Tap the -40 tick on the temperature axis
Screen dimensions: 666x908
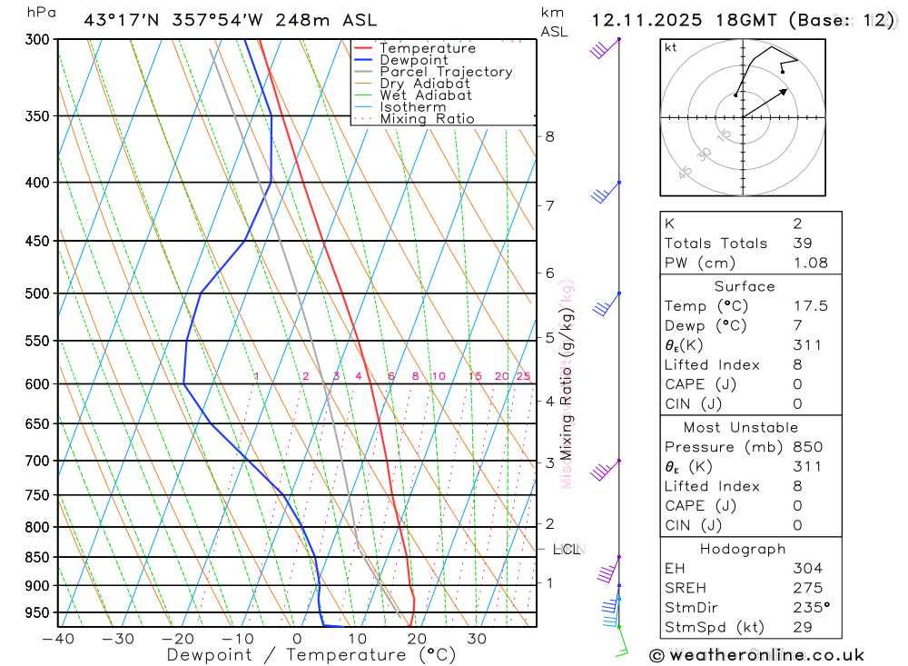pos(57,639)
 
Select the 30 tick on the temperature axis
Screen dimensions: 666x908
pos(477,639)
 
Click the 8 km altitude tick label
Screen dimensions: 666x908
pos(549,137)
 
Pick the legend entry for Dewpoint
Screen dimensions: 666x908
pos(413,60)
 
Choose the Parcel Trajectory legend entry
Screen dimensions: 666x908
pos(446,72)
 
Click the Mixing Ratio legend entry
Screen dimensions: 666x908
pos(427,119)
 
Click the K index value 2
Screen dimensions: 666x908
pos(796,224)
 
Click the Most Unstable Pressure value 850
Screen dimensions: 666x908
pos(807,447)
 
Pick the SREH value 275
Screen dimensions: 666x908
pos(804,588)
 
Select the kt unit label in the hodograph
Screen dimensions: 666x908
pos(671,47)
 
